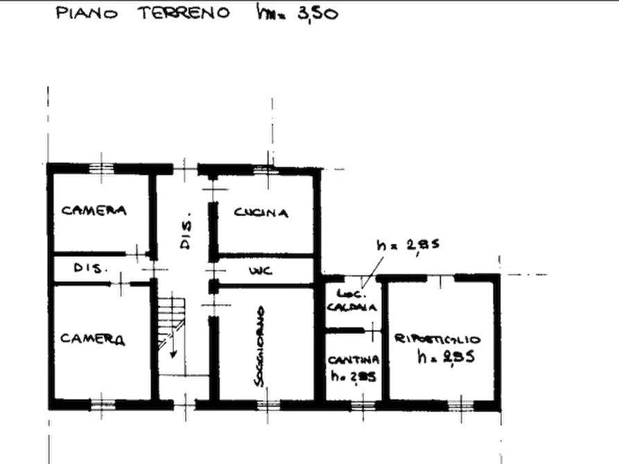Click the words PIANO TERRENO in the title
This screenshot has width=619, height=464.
[143, 15]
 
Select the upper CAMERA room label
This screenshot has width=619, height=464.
[93, 211]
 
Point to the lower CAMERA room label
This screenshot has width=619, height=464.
[93, 339]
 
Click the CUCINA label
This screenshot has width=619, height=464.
[261, 213]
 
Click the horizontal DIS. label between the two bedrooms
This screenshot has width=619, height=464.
[88, 266]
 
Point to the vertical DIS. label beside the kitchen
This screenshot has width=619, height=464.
[184, 233]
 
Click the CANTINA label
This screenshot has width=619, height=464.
[353, 360]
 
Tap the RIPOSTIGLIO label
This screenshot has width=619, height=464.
[437, 339]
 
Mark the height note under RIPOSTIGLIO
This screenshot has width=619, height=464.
[444, 358]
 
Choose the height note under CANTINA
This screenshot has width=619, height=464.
[354, 377]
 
